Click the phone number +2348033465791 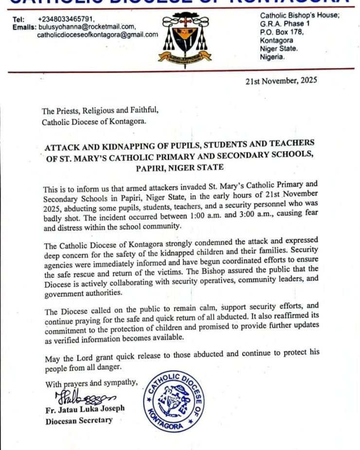click(66, 19)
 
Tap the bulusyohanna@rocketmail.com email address click(87, 27)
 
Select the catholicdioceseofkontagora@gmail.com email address click(97, 35)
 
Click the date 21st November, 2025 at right click(281, 81)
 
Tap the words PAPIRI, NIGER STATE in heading click(180, 167)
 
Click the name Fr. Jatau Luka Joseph click(85, 409)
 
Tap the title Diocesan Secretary click(79, 421)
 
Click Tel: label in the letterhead click(18, 19)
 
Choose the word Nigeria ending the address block click(272, 56)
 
